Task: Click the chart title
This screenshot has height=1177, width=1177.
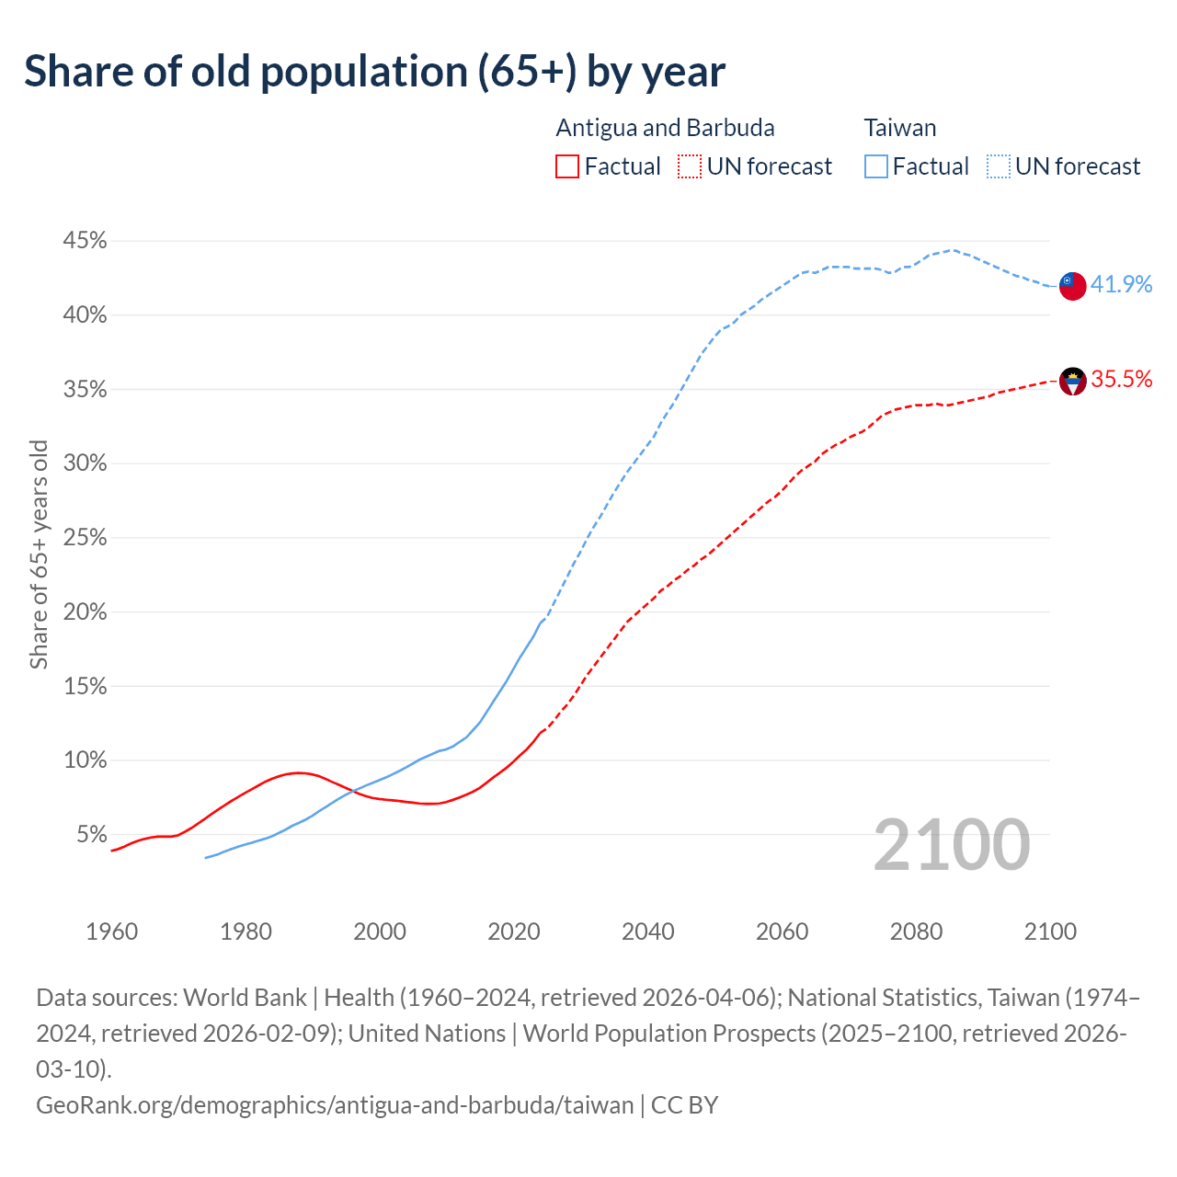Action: pyautogui.click(x=374, y=72)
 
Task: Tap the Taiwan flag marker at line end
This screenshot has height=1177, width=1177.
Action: pyautogui.click(x=1072, y=286)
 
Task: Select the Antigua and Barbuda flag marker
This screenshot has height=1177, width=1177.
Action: pyautogui.click(x=1072, y=381)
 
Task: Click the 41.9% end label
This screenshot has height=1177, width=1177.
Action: pyautogui.click(x=1121, y=285)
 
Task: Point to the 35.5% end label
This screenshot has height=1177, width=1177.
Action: pyautogui.click(x=1121, y=380)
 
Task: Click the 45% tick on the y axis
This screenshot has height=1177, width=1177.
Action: pyautogui.click(x=85, y=241)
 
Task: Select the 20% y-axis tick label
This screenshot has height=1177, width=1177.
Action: pyautogui.click(x=85, y=612)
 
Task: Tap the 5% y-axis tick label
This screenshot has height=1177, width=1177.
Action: pyautogui.click(x=91, y=835)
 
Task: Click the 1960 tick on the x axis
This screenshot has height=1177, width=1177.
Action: pyautogui.click(x=111, y=931)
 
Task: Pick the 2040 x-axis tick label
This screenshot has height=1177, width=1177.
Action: pyautogui.click(x=647, y=931)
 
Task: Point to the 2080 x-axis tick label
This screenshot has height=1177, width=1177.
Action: pyautogui.click(x=916, y=931)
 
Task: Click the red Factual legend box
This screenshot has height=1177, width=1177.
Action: pyautogui.click(x=567, y=166)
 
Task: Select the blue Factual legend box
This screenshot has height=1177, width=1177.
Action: pyautogui.click(x=876, y=166)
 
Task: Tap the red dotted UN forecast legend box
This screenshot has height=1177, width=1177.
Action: pyautogui.click(x=690, y=166)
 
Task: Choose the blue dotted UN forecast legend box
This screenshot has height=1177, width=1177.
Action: pyautogui.click(x=998, y=166)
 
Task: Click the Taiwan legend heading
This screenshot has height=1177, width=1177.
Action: pyautogui.click(x=900, y=128)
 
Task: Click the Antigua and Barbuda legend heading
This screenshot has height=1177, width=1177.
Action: pyautogui.click(x=665, y=128)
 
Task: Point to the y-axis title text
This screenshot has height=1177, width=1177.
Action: pyautogui.click(x=39, y=554)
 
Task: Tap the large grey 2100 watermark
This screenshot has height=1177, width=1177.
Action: pyautogui.click(x=951, y=845)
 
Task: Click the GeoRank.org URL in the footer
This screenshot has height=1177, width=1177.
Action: pyautogui.click(x=335, y=1104)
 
